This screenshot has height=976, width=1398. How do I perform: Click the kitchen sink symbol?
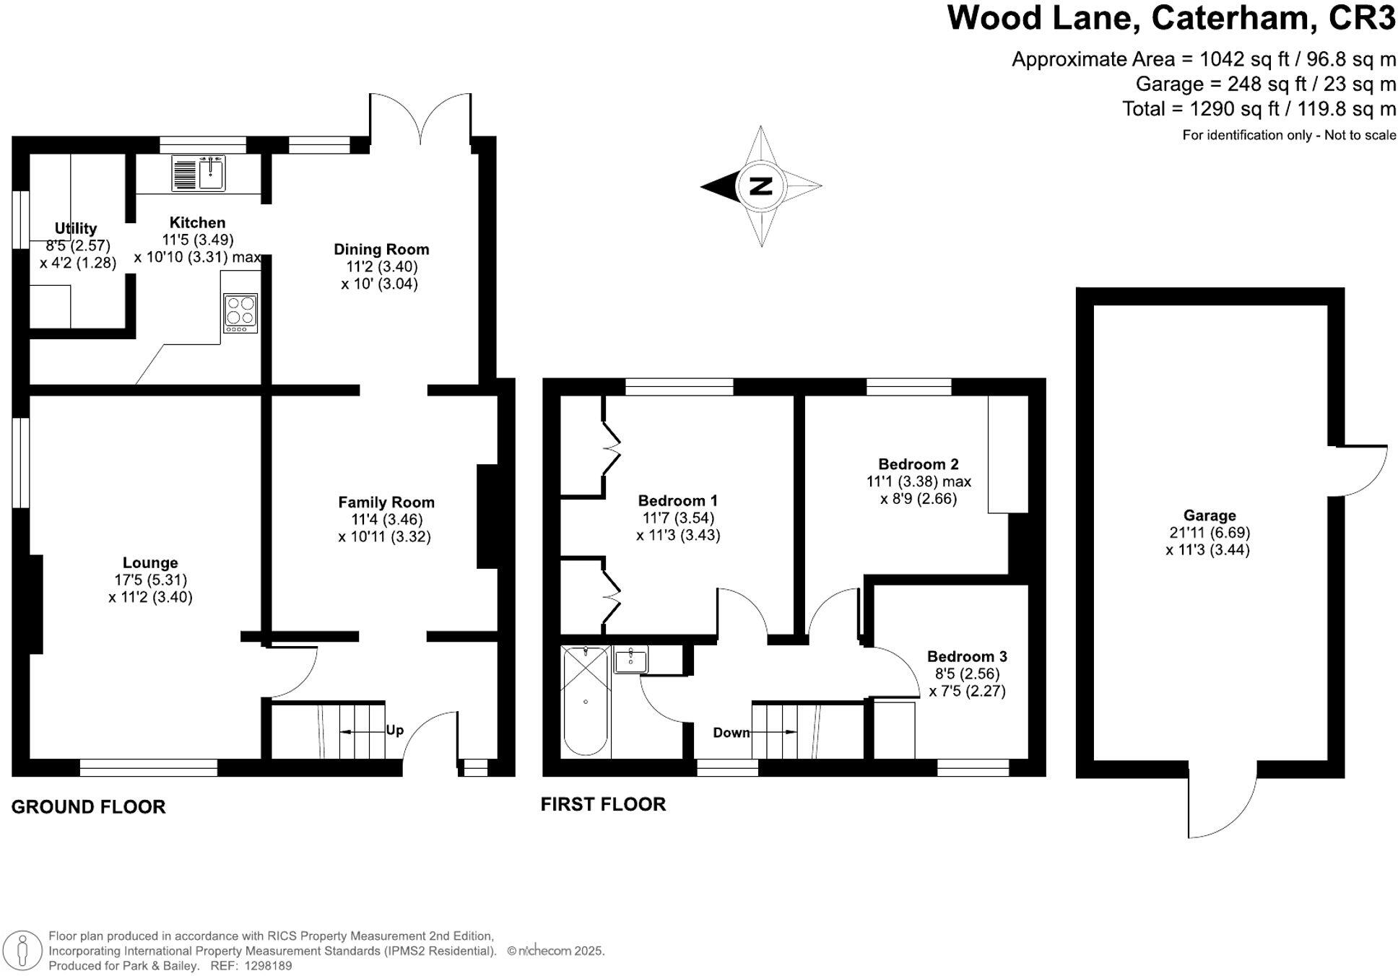click(x=199, y=173)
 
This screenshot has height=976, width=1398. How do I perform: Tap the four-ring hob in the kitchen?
click(x=240, y=313)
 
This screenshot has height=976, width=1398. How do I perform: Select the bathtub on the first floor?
click(x=586, y=701)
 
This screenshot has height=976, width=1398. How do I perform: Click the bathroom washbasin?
click(x=631, y=658)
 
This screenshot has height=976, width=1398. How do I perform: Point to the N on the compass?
click(x=760, y=186)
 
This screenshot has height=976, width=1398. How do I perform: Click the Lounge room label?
click(x=150, y=563)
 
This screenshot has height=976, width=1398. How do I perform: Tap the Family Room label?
click(x=386, y=502)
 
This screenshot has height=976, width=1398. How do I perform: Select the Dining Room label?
click(x=381, y=250)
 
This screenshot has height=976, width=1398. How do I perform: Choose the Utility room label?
click(x=76, y=229)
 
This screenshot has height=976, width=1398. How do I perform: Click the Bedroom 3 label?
click(x=967, y=657)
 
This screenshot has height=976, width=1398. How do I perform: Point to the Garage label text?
click(x=1210, y=515)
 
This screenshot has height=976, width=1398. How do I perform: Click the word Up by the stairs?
click(x=394, y=730)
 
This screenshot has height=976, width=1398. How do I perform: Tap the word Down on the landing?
click(x=731, y=733)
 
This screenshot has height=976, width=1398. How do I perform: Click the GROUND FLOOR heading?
click(x=88, y=806)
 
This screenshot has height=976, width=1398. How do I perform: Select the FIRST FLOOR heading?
click(x=603, y=804)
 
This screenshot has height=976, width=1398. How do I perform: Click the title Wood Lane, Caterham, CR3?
click(x=1171, y=18)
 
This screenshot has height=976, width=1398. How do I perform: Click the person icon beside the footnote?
click(x=23, y=950)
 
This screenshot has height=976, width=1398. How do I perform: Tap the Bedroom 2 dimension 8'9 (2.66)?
click(x=919, y=499)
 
